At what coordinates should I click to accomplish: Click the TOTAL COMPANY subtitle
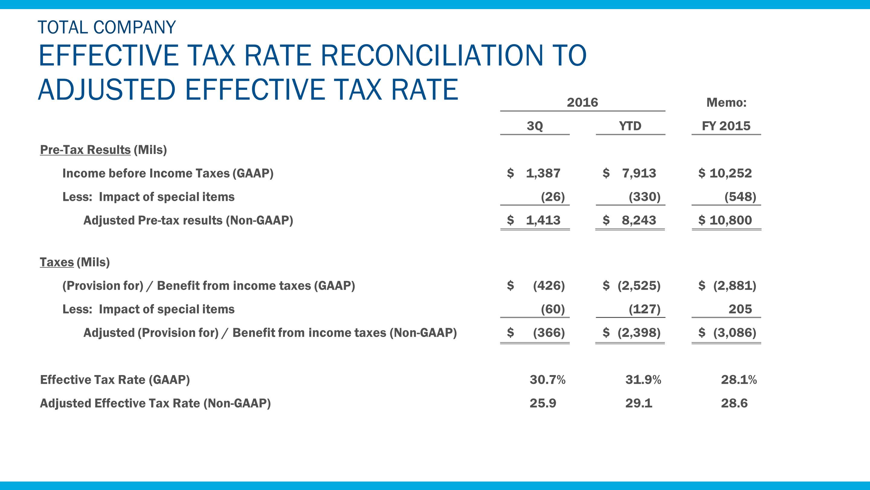coord(107,28)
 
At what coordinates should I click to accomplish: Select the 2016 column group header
coord(582,103)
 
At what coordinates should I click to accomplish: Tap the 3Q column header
coord(535,126)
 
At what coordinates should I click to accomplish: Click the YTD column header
coord(630,126)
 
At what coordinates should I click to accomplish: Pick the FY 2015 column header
coord(726,126)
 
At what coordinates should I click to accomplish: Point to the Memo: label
coord(727,103)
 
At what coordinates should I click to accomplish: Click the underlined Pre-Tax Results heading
coord(85,150)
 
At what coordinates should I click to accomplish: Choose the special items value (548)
coord(740,197)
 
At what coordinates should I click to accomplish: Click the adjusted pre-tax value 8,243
coord(639,220)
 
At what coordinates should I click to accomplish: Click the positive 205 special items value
coord(740,309)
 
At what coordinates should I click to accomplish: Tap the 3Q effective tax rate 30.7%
coord(547,380)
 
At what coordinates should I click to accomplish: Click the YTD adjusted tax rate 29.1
coord(639,403)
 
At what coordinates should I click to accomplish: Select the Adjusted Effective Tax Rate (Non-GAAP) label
coord(155,403)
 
